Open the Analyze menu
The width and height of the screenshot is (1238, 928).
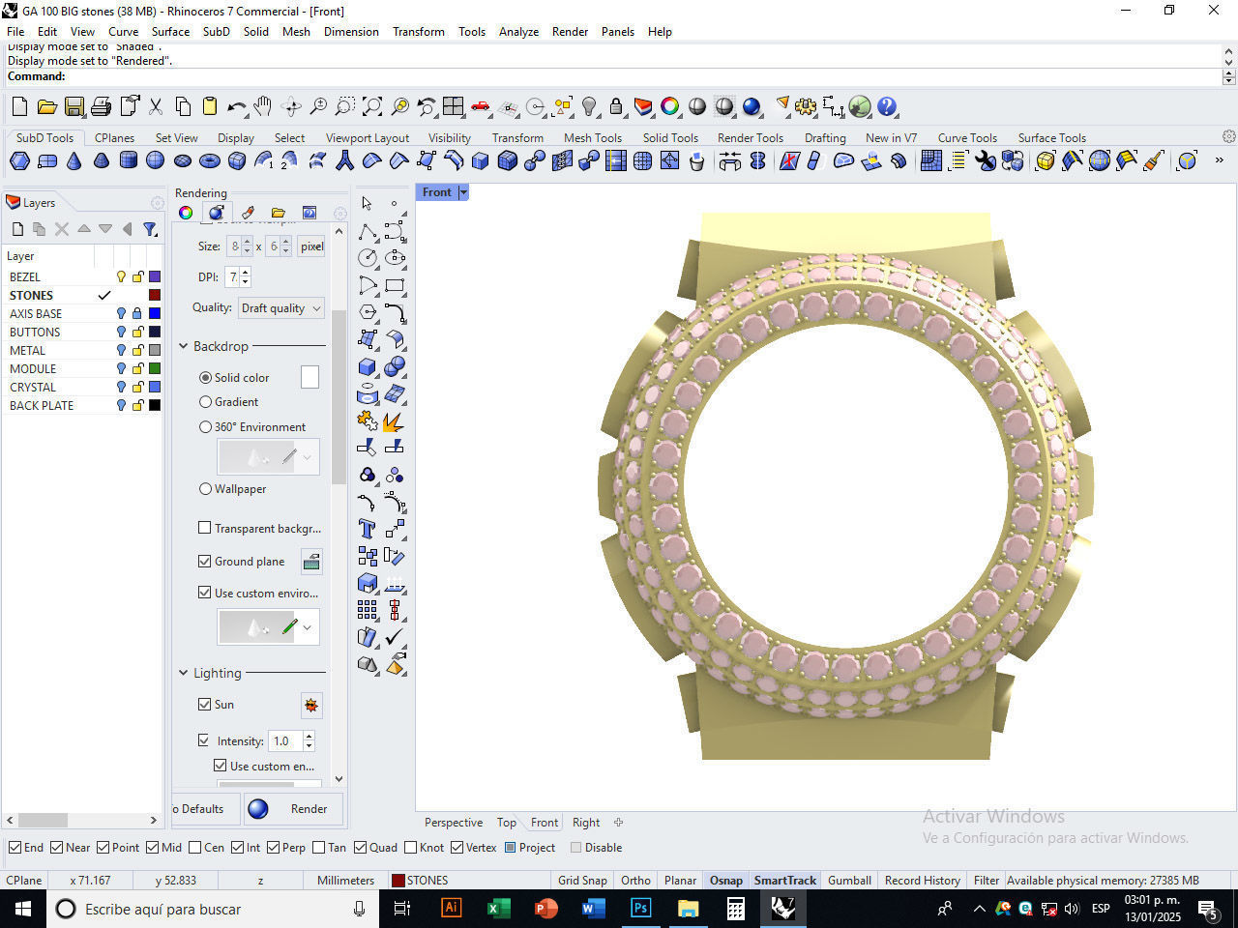coord(518,32)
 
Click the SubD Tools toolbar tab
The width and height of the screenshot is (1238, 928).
coord(44,137)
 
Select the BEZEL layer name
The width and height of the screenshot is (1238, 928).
coord(25,276)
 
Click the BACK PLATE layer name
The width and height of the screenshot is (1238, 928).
coord(42,405)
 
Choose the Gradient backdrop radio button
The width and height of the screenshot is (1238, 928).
coord(205,402)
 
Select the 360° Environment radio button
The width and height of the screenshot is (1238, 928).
coord(205,426)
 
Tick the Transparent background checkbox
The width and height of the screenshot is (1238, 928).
coord(205,528)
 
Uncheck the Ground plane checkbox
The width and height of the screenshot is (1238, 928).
coord(205,561)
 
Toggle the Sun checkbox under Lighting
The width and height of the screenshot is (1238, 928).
coord(205,705)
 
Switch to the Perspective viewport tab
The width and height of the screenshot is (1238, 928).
coord(453,823)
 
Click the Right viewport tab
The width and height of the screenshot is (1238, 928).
coord(586,823)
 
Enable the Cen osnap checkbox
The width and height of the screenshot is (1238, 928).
coord(195,848)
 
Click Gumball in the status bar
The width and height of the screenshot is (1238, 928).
coord(849,880)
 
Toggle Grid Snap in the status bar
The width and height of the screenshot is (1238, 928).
coord(582,880)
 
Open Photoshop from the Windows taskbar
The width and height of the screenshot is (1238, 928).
coord(640,909)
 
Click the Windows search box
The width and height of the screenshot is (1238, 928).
coord(213,909)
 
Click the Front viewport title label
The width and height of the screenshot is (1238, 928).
coord(436,192)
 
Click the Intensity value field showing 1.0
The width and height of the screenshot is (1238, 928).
coord(284,741)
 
